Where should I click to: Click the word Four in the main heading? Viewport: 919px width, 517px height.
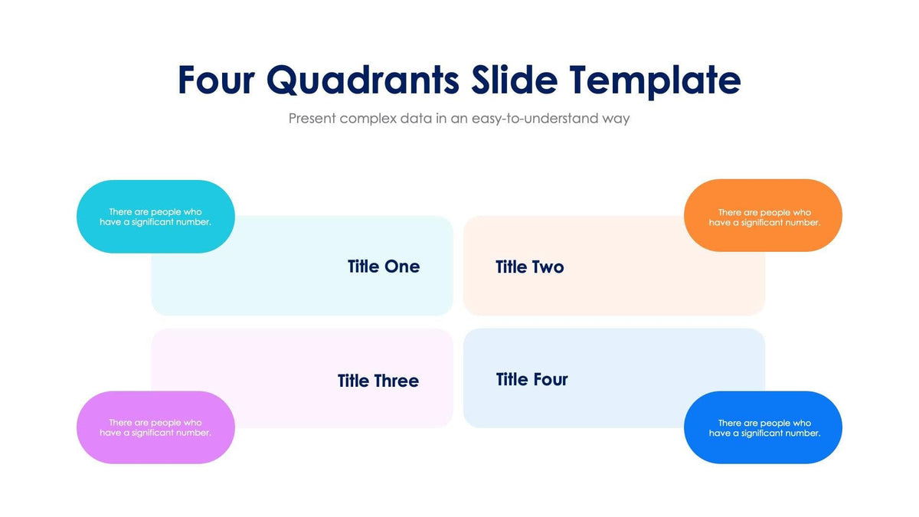[215, 80]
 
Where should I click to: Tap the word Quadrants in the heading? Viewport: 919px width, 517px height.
[363, 80]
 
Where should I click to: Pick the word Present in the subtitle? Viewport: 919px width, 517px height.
[312, 119]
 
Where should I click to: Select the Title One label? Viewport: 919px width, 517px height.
[384, 267]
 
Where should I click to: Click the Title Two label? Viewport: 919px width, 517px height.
[530, 267]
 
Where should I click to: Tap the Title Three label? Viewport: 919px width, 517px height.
[378, 381]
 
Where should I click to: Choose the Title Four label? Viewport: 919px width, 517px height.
[532, 379]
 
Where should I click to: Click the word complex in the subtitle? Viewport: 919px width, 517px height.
[368, 119]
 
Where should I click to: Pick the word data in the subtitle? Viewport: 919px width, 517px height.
[417, 119]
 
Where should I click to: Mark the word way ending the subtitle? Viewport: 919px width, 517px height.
[615, 119]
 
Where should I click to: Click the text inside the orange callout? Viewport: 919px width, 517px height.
[764, 218]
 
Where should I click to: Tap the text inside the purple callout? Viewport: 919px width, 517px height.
[155, 427]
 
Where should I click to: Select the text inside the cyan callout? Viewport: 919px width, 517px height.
[155, 217]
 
